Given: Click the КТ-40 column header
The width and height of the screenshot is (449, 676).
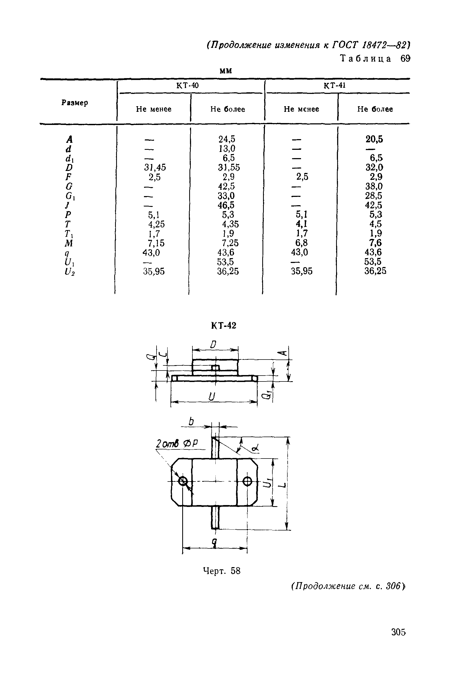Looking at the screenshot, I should coord(187,86).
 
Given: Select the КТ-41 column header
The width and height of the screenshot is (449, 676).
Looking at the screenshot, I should coord(334,86).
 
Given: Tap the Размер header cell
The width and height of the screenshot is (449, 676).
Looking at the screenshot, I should coord(75,103).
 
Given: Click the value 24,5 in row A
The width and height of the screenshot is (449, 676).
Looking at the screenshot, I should coord(227,139).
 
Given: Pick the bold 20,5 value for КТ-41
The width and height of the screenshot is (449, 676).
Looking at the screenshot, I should coord(374,139).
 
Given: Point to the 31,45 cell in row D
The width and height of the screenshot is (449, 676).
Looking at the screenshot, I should coord(155,167).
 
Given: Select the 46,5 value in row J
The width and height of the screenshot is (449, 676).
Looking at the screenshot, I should coord(226,205).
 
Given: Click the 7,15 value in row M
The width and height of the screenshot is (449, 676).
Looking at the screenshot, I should coord(156,243).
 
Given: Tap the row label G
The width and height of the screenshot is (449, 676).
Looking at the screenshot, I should coord(69,187).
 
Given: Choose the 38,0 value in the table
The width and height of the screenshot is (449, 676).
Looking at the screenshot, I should coord(374,186).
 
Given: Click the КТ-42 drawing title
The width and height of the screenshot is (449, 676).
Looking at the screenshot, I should coord(224,326).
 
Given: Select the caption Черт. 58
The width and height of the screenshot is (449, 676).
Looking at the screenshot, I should coord(222,571).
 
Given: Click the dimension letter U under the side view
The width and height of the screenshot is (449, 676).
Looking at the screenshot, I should coord(212,397).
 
